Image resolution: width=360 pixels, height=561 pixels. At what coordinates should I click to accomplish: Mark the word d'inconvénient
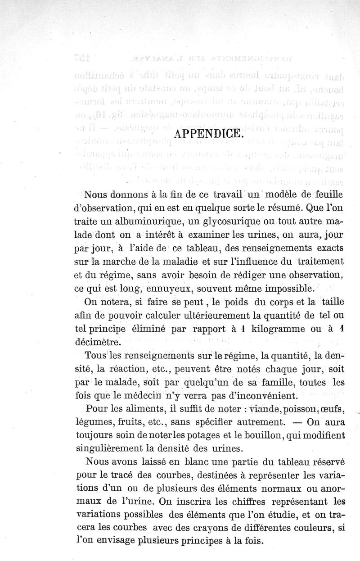click(x=261, y=396)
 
